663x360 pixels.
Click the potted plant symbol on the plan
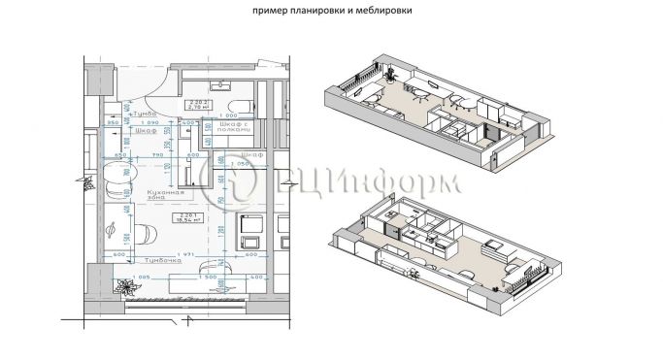pos(122,285)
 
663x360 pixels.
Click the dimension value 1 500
pos(207,276)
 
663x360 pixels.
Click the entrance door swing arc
pos(146,82)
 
